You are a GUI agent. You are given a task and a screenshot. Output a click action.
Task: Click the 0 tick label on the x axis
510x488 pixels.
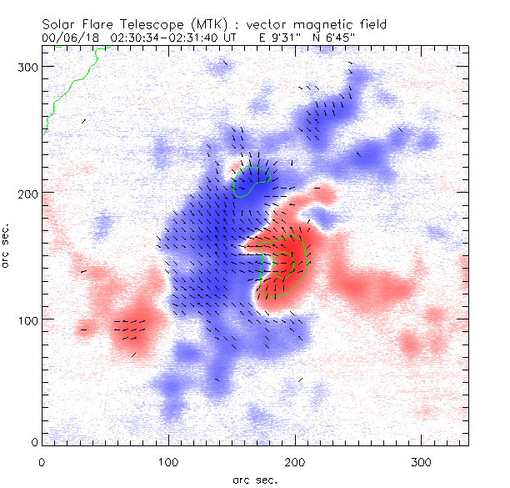pyautogui.click(x=42, y=460)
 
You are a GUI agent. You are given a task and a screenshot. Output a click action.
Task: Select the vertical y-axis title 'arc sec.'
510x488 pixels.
pyautogui.click(x=8, y=245)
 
